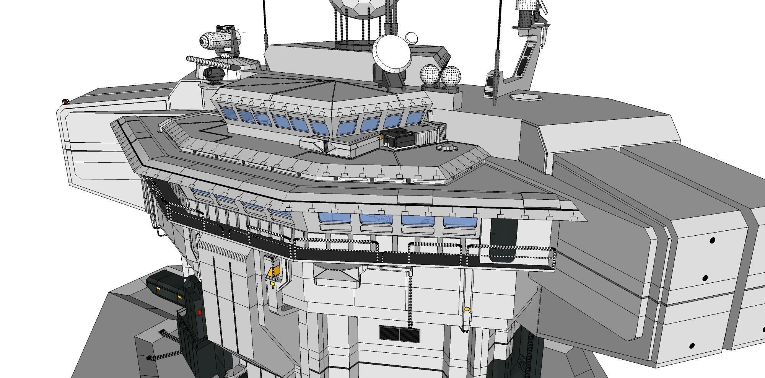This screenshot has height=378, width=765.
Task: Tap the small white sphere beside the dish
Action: (x=412, y=37)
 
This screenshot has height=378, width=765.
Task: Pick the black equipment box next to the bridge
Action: (x=399, y=138)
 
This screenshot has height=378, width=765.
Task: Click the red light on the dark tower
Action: (x=199, y=313)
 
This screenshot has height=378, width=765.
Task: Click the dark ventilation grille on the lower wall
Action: (x=399, y=333)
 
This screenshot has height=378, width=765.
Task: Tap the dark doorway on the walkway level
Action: (x=503, y=241)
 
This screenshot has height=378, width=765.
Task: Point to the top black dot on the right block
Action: (x=712, y=240)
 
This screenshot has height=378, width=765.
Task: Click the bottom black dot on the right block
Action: (x=692, y=346)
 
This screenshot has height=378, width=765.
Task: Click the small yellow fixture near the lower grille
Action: (x=466, y=310)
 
